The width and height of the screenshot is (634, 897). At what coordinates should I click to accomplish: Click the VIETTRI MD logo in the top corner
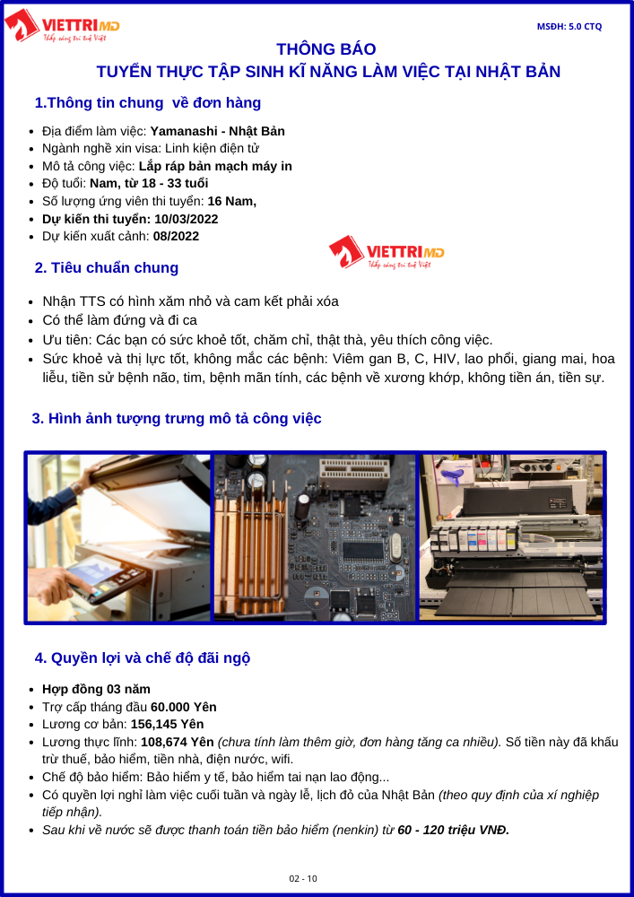(x=62, y=26)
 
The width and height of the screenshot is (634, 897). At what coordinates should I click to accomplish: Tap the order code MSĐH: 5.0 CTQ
(x=569, y=26)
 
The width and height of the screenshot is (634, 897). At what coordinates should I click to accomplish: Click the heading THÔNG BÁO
(x=326, y=48)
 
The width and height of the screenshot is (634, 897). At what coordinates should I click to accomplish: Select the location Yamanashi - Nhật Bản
(x=217, y=131)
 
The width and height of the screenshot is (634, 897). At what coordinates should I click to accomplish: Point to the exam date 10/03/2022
(x=186, y=219)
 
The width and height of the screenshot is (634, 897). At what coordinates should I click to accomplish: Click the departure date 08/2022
(x=176, y=236)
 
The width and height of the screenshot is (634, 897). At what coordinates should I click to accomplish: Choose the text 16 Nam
(x=231, y=201)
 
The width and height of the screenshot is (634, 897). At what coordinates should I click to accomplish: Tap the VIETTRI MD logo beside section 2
(x=386, y=252)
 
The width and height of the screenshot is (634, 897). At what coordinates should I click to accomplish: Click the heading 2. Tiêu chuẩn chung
(x=107, y=267)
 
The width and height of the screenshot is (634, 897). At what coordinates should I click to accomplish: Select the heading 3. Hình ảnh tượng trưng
(x=177, y=418)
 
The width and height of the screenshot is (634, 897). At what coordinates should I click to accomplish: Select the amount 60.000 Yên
(x=184, y=707)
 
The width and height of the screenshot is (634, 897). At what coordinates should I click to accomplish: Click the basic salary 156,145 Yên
(x=168, y=724)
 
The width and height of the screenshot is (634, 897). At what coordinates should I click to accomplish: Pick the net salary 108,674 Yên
(x=178, y=742)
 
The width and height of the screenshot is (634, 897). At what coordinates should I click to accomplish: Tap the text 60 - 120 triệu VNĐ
(x=454, y=830)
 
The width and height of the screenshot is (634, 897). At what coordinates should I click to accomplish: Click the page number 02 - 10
(x=303, y=879)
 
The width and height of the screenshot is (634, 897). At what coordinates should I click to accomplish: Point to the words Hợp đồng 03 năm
(x=96, y=689)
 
